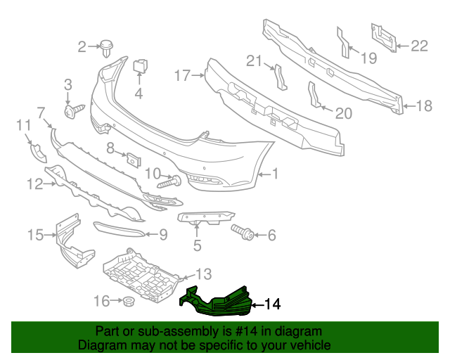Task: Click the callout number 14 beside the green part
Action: (273, 304)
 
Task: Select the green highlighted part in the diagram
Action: (218, 300)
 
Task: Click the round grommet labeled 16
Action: (129, 302)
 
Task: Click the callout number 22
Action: (419, 46)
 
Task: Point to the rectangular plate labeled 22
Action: (382, 37)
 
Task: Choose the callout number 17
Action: (182, 75)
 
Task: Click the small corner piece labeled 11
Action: (36, 151)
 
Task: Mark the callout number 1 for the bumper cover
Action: (276, 173)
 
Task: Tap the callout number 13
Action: (202, 274)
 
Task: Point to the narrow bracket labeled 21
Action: (280, 77)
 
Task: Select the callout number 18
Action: (424, 106)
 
